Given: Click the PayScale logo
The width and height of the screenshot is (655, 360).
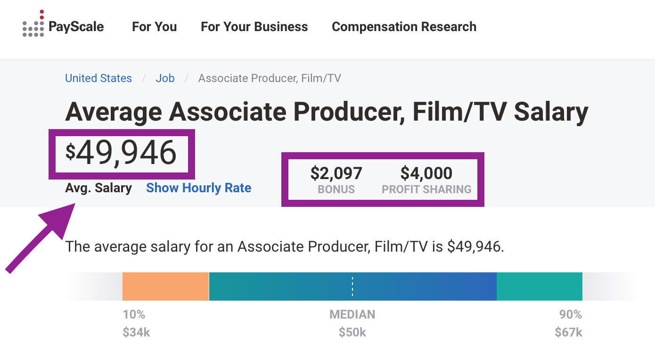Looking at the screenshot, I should [63, 26].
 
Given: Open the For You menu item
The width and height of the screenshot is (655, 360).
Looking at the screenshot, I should [154, 27].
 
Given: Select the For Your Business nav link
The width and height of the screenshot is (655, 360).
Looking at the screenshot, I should [254, 27].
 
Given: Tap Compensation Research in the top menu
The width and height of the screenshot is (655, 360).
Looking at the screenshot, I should [404, 27].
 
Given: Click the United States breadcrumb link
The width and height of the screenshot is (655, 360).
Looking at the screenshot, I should [98, 78].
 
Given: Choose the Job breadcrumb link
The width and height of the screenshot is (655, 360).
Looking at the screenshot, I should [165, 78].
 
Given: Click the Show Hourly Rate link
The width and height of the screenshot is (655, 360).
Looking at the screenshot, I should [198, 188].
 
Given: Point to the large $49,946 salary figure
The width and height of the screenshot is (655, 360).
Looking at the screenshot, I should [121, 153].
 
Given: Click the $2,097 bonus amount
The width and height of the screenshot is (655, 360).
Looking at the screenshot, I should [336, 173].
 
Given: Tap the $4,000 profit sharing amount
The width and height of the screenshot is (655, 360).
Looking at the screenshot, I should [426, 173].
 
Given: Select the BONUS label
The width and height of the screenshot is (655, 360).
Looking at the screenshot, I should [336, 189].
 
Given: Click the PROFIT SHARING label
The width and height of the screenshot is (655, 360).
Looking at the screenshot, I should [426, 189].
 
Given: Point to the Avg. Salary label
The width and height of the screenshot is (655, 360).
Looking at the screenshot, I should [98, 188].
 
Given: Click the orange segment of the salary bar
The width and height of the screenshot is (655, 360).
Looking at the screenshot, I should [165, 286].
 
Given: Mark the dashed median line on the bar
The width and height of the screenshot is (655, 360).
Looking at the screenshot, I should [352, 286].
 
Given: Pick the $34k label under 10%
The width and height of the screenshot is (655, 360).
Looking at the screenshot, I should [136, 332].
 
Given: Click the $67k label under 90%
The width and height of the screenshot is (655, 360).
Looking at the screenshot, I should [568, 332].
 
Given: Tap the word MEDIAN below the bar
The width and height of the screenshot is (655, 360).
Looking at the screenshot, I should [352, 314].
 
